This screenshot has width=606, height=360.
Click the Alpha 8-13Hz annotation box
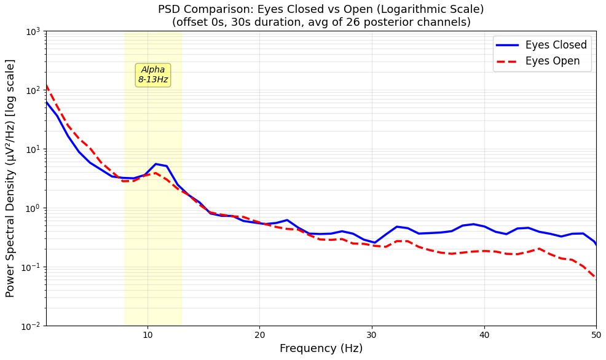[153, 75]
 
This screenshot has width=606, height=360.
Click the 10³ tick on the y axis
[32, 31]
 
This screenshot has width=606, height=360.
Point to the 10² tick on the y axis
[32, 90]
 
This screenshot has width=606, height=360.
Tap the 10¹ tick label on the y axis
[32, 149]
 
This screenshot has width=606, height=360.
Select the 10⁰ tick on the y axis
[32, 208]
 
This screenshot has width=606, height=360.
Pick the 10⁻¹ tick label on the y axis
[31, 267]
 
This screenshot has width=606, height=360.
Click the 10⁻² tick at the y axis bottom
[31, 326]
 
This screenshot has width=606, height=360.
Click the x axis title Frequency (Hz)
[321, 349]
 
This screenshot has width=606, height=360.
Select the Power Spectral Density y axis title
[10, 178]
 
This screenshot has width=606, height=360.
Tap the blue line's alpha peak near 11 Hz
[156, 164]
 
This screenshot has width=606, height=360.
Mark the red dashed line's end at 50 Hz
[595, 278]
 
